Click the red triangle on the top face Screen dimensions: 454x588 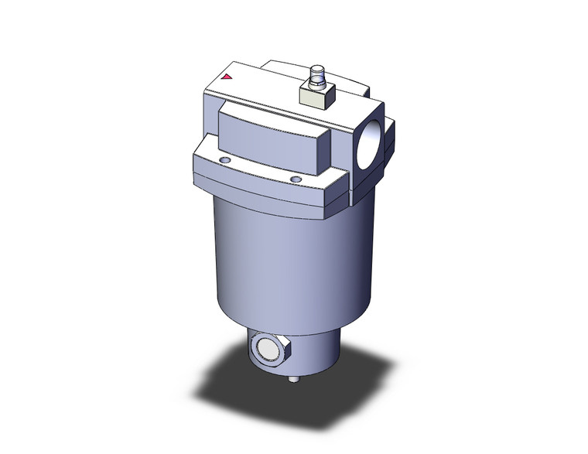[227, 77]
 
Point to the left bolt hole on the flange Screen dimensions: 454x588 [224, 160]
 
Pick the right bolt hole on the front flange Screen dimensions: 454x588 [294, 179]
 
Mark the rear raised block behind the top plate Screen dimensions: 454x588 [290, 67]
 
